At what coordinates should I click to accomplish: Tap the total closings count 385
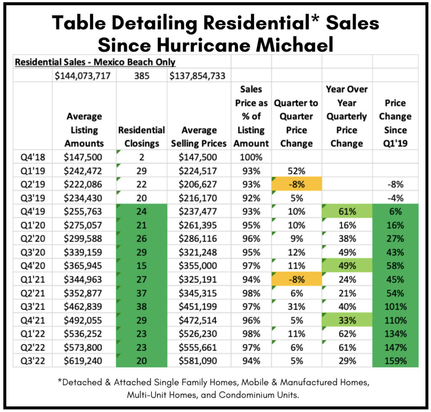pyautogui.click(x=141, y=76)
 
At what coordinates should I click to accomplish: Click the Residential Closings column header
pyautogui.click(x=141, y=137)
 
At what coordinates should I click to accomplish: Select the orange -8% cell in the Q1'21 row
pyautogui.click(x=296, y=279)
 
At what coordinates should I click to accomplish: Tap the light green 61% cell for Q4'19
pyautogui.click(x=347, y=211)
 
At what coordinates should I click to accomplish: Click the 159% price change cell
pyautogui.click(x=395, y=360)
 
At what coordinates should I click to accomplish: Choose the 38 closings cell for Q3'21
pyautogui.click(x=141, y=306)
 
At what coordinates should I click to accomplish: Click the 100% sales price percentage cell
pyautogui.click(x=251, y=157)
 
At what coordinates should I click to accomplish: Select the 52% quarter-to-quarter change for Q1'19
pyautogui.click(x=296, y=170)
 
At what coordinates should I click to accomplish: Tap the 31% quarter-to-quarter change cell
pyautogui.click(x=296, y=306)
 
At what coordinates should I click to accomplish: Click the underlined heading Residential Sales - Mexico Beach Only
pyautogui.click(x=95, y=62)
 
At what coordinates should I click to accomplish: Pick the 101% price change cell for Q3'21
pyautogui.click(x=395, y=306)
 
